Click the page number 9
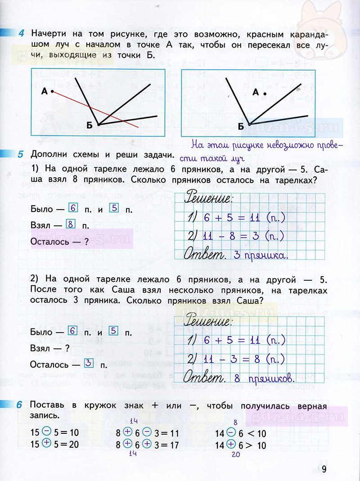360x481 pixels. point(324,469)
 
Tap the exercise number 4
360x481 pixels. point(21,34)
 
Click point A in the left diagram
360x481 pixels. point(52,91)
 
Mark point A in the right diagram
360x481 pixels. point(265,94)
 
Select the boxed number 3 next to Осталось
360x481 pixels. point(89,363)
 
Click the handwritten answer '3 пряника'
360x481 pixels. point(261,256)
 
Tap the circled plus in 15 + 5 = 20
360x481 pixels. point(46,445)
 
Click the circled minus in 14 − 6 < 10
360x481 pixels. point(231,432)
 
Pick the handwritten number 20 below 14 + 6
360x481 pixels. point(235,454)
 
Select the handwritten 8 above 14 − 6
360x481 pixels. point(235,422)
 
